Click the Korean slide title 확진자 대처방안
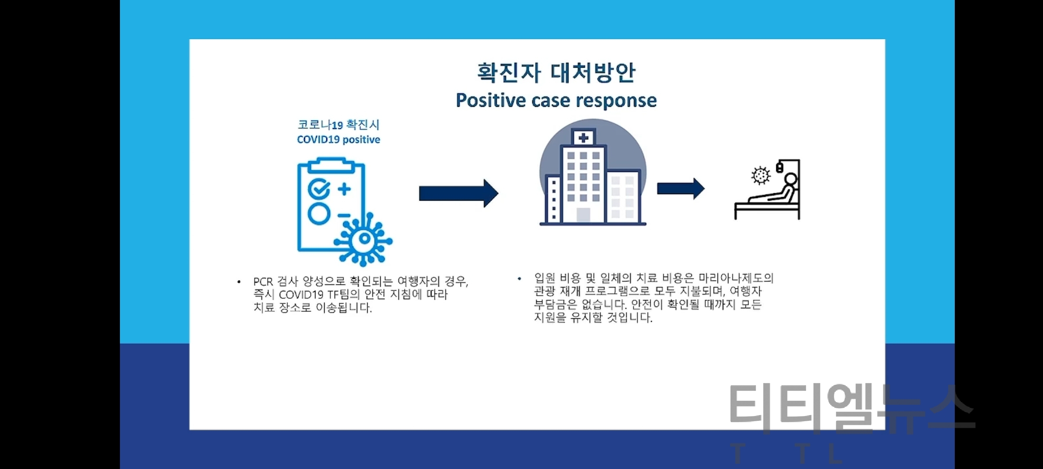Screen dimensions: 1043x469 tap(556, 73)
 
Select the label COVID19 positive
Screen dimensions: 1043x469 tap(339, 140)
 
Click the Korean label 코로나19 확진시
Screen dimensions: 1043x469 tap(339, 125)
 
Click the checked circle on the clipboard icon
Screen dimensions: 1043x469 tap(319, 188)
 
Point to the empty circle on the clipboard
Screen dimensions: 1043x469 tap(319, 214)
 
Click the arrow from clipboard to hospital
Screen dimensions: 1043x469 tap(458, 193)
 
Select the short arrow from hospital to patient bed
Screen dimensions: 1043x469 tap(681, 188)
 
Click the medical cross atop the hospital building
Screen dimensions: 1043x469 tap(583, 138)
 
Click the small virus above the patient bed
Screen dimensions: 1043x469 tap(761, 175)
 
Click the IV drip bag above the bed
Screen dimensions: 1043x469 tap(780, 168)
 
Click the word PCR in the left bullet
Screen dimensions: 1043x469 tap(263, 282)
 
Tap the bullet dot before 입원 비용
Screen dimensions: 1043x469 tap(519, 278)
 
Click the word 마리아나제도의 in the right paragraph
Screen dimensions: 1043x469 tap(736, 278)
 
